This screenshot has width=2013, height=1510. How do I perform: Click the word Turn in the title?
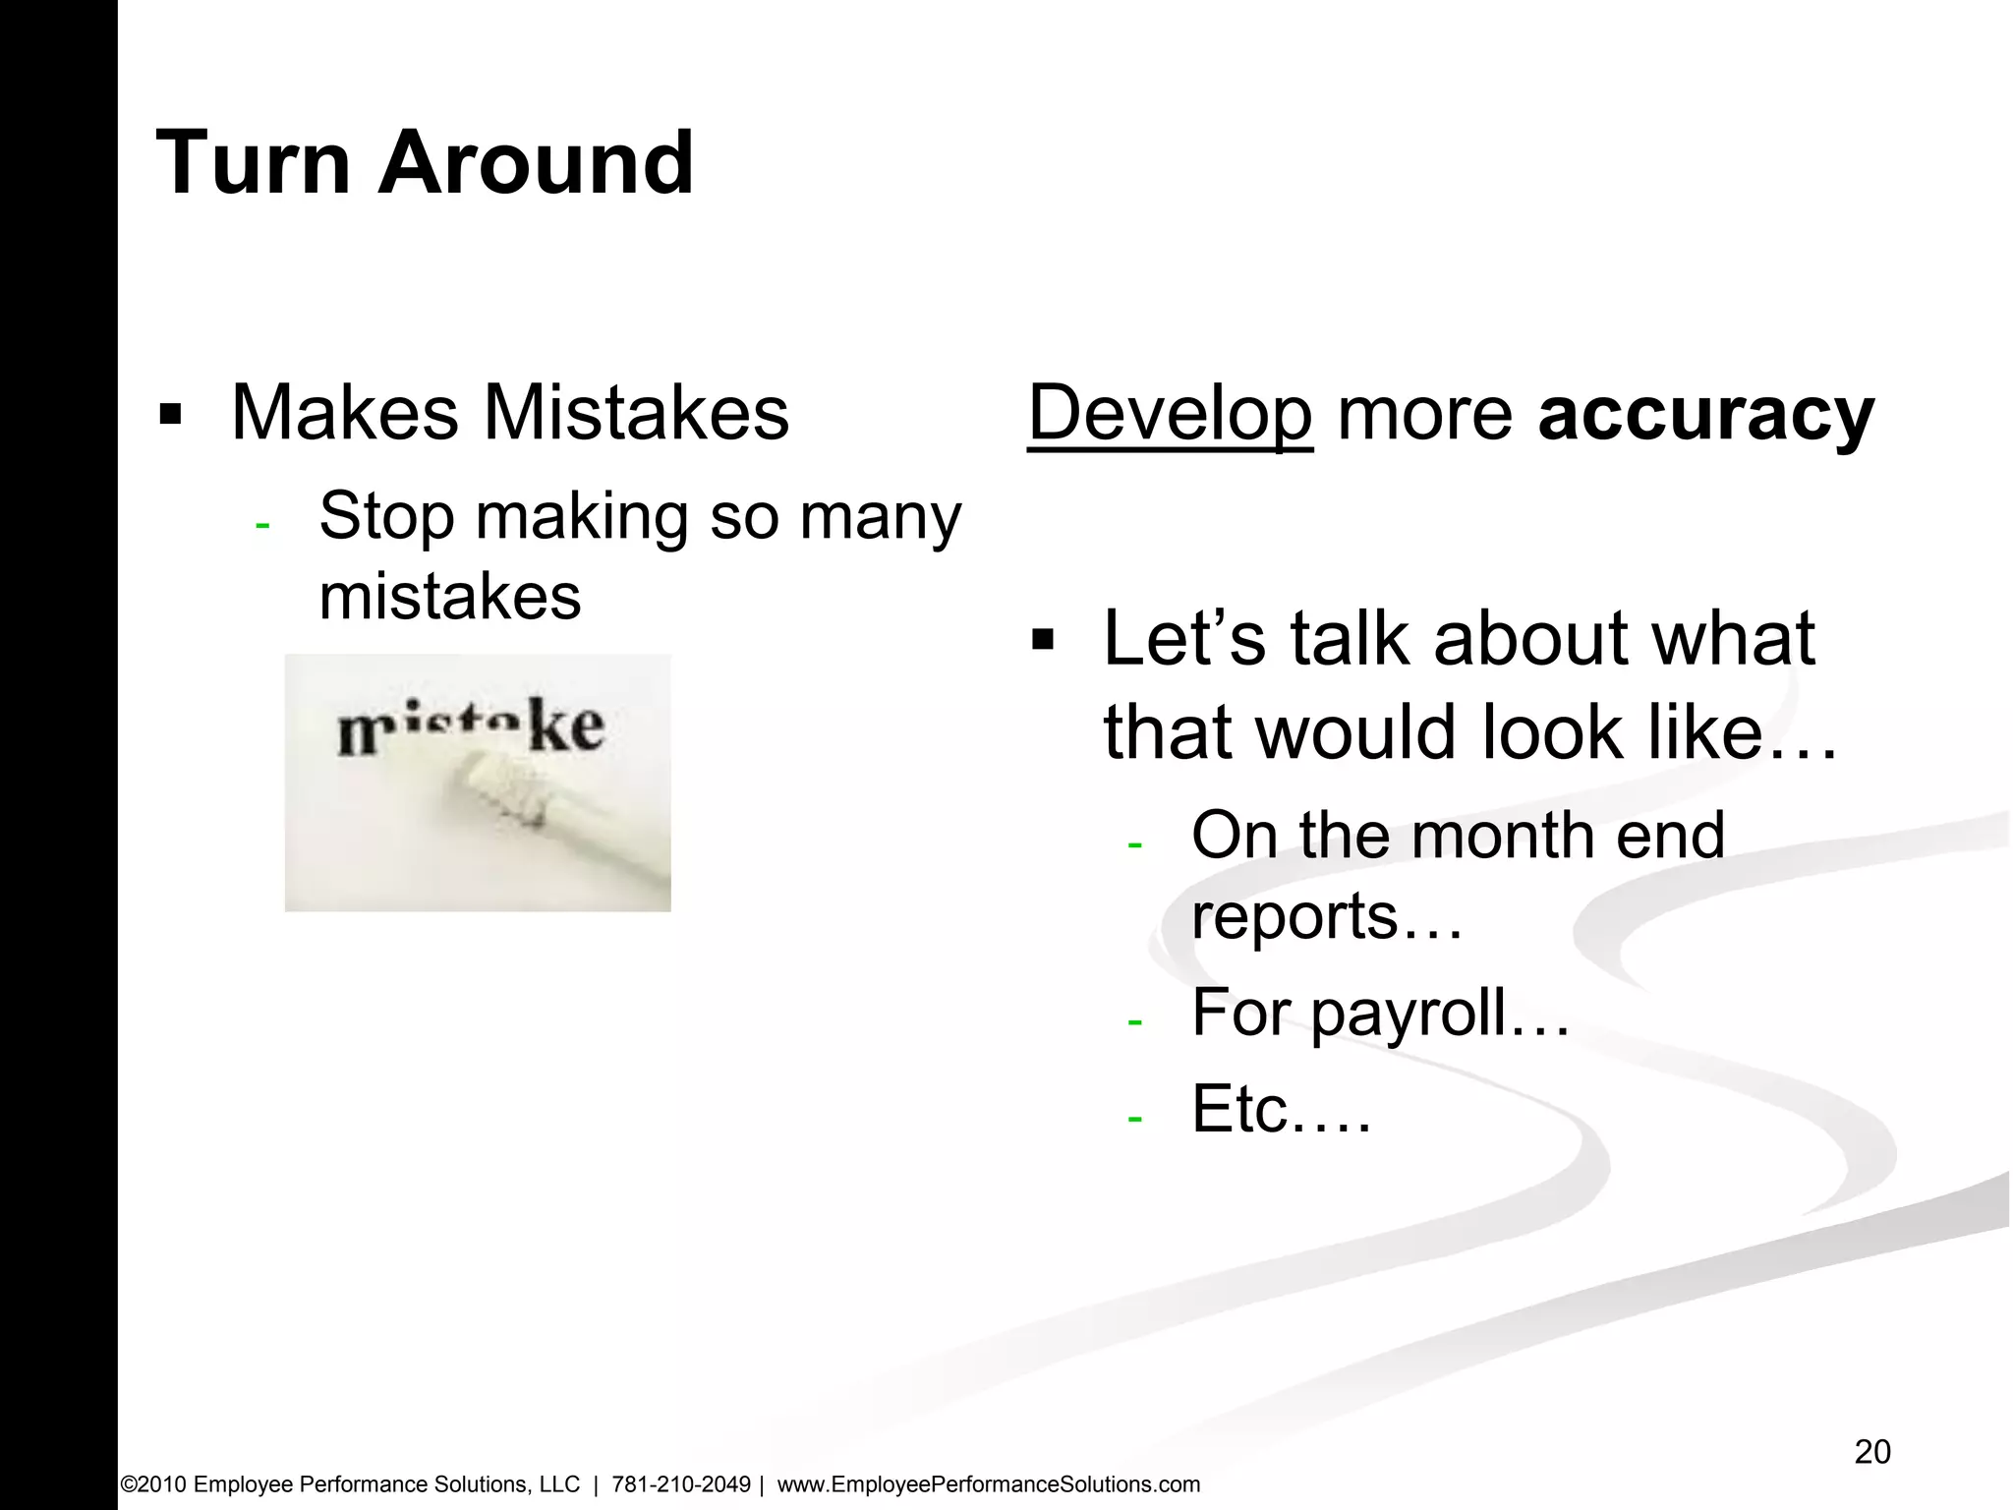point(253,163)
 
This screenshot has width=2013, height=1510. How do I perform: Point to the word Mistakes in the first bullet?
point(636,413)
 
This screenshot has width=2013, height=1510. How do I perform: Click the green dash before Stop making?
point(261,526)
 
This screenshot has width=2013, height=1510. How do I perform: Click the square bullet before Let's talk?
point(1042,642)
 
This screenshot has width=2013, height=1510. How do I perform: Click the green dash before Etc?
point(1135,1119)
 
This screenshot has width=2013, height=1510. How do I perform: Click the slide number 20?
point(1872,1452)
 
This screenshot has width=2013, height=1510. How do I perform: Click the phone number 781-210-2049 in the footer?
point(681,1484)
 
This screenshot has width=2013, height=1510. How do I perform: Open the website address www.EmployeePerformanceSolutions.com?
point(989,1484)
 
